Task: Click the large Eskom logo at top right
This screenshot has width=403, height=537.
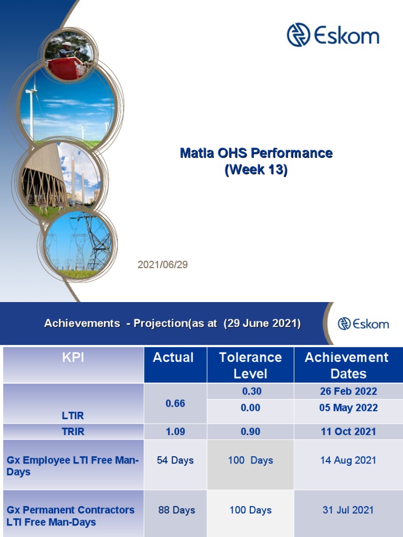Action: pyautogui.click(x=333, y=35)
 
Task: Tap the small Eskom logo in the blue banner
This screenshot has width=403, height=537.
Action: pyautogui.click(x=363, y=323)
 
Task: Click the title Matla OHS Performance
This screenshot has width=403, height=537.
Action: pyautogui.click(x=256, y=153)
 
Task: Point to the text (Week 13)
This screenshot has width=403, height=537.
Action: pyautogui.click(x=256, y=170)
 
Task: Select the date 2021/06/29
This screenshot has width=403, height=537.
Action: pyautogui.click(x=163, y=265)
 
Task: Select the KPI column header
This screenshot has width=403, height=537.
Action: pyautogui.click(x=72, y=358)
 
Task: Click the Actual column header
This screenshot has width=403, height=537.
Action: pyautogui.click(x=173, y=358)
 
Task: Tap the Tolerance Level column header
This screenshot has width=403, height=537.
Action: pyautogui.click(x=250, y=366)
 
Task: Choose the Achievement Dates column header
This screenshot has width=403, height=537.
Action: pyautogui.click(x=347, y=366)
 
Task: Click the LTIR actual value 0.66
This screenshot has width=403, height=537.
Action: pyautogui.click(x=175, y=404)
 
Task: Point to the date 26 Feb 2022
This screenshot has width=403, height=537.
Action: pyautogui.click(x=348, y=391)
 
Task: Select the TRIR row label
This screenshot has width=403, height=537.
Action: pyautogui.click(x=72, y=432)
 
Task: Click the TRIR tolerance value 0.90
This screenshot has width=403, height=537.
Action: pyautogui.click(x=250, y=432)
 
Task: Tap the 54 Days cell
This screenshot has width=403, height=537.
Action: pyautogui.click(x=175, y=460)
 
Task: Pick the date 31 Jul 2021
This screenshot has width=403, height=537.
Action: pyautogui.click(x=348, y=510)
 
